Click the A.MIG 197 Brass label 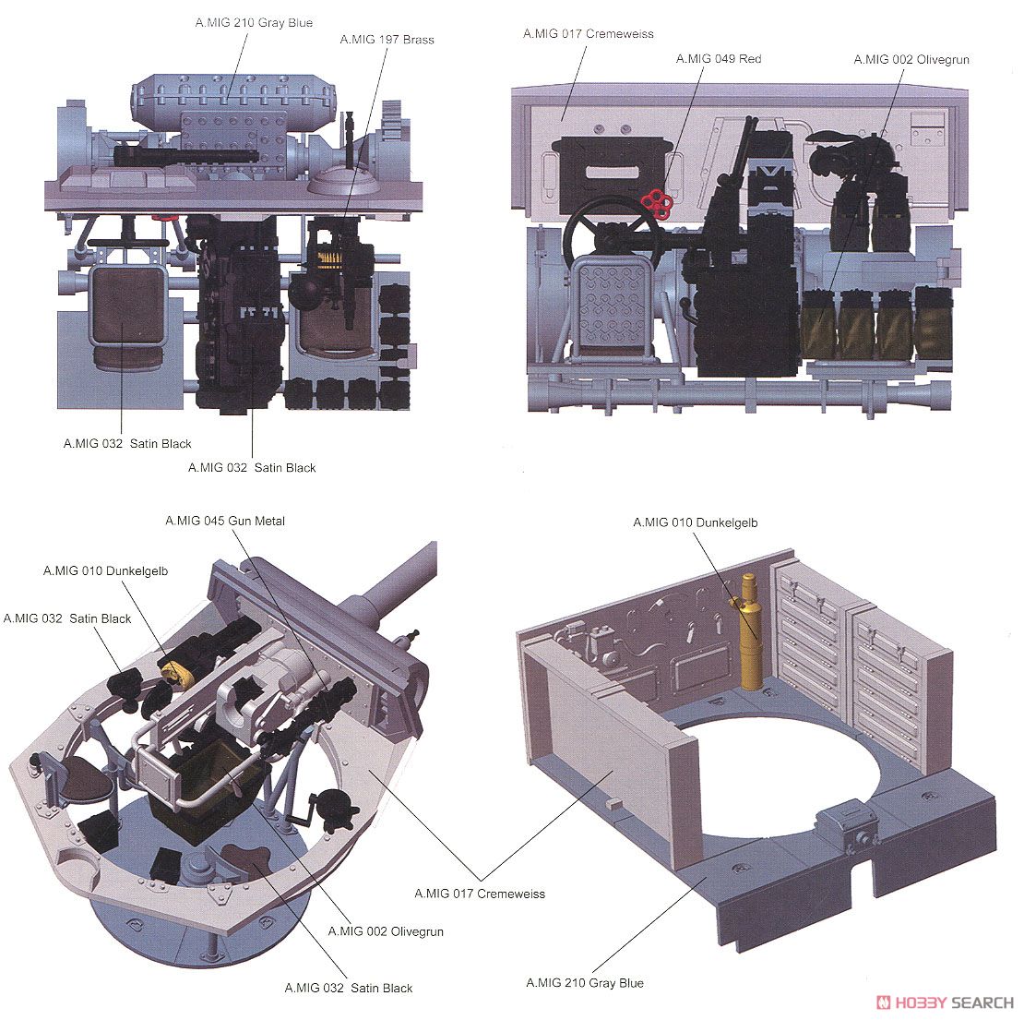[x=387, y=40]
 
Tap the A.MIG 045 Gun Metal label [x=225, y=522]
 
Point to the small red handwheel [x=657, y=199]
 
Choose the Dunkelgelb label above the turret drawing [x=105, y=571]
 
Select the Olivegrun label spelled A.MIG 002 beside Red [x=911, y=60]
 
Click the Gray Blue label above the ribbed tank [x=254, y=23]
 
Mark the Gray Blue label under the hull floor [x=585, y=983]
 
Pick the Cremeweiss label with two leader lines [x=480, y=894]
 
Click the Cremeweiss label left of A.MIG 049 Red [x=589, y=34]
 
